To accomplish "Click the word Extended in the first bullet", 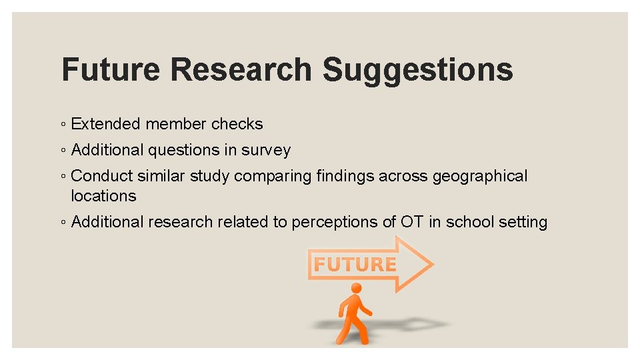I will (x=105, y=124).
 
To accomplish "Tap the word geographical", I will (x=480, y=177).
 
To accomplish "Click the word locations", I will (x=103, y=196).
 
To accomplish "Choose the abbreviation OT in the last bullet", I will (x=412, y=222).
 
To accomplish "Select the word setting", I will (x=521, y=223).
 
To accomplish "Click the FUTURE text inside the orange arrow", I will (x=355, y=265).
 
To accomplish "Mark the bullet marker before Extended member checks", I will (x=62, y=125).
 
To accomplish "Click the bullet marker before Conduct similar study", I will (x=62, y=177).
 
